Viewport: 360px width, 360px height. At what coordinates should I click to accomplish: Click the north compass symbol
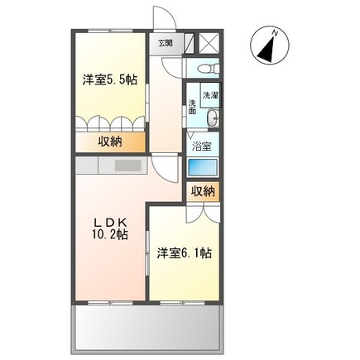tap(269, 47)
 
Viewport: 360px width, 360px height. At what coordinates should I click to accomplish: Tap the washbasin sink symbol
tap(213, 118)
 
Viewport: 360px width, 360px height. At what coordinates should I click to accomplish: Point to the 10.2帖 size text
tap(109, 236)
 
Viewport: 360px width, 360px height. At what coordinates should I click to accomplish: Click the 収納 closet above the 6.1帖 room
tap(204, 191)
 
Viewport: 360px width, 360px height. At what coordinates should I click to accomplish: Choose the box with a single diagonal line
tap(188, 43)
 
